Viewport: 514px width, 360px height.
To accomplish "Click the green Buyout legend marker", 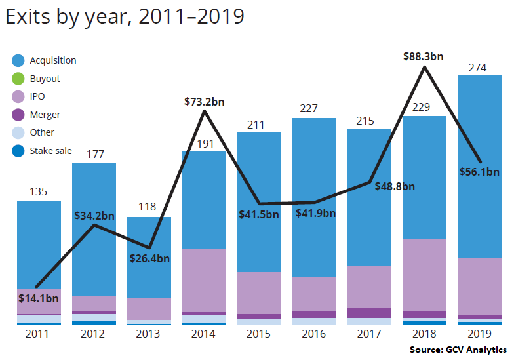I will point(18,79).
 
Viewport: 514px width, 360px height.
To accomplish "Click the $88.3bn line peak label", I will point(423,56).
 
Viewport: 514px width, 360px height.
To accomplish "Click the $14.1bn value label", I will point(39,299).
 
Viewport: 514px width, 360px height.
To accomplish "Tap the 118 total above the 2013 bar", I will point(148,207).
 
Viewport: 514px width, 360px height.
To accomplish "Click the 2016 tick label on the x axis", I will point(314,334).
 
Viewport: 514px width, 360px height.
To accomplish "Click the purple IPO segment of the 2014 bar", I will point(203,280).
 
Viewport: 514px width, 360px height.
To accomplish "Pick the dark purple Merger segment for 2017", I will point(369,313).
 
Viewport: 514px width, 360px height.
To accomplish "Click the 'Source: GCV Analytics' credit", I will point(458,350).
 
